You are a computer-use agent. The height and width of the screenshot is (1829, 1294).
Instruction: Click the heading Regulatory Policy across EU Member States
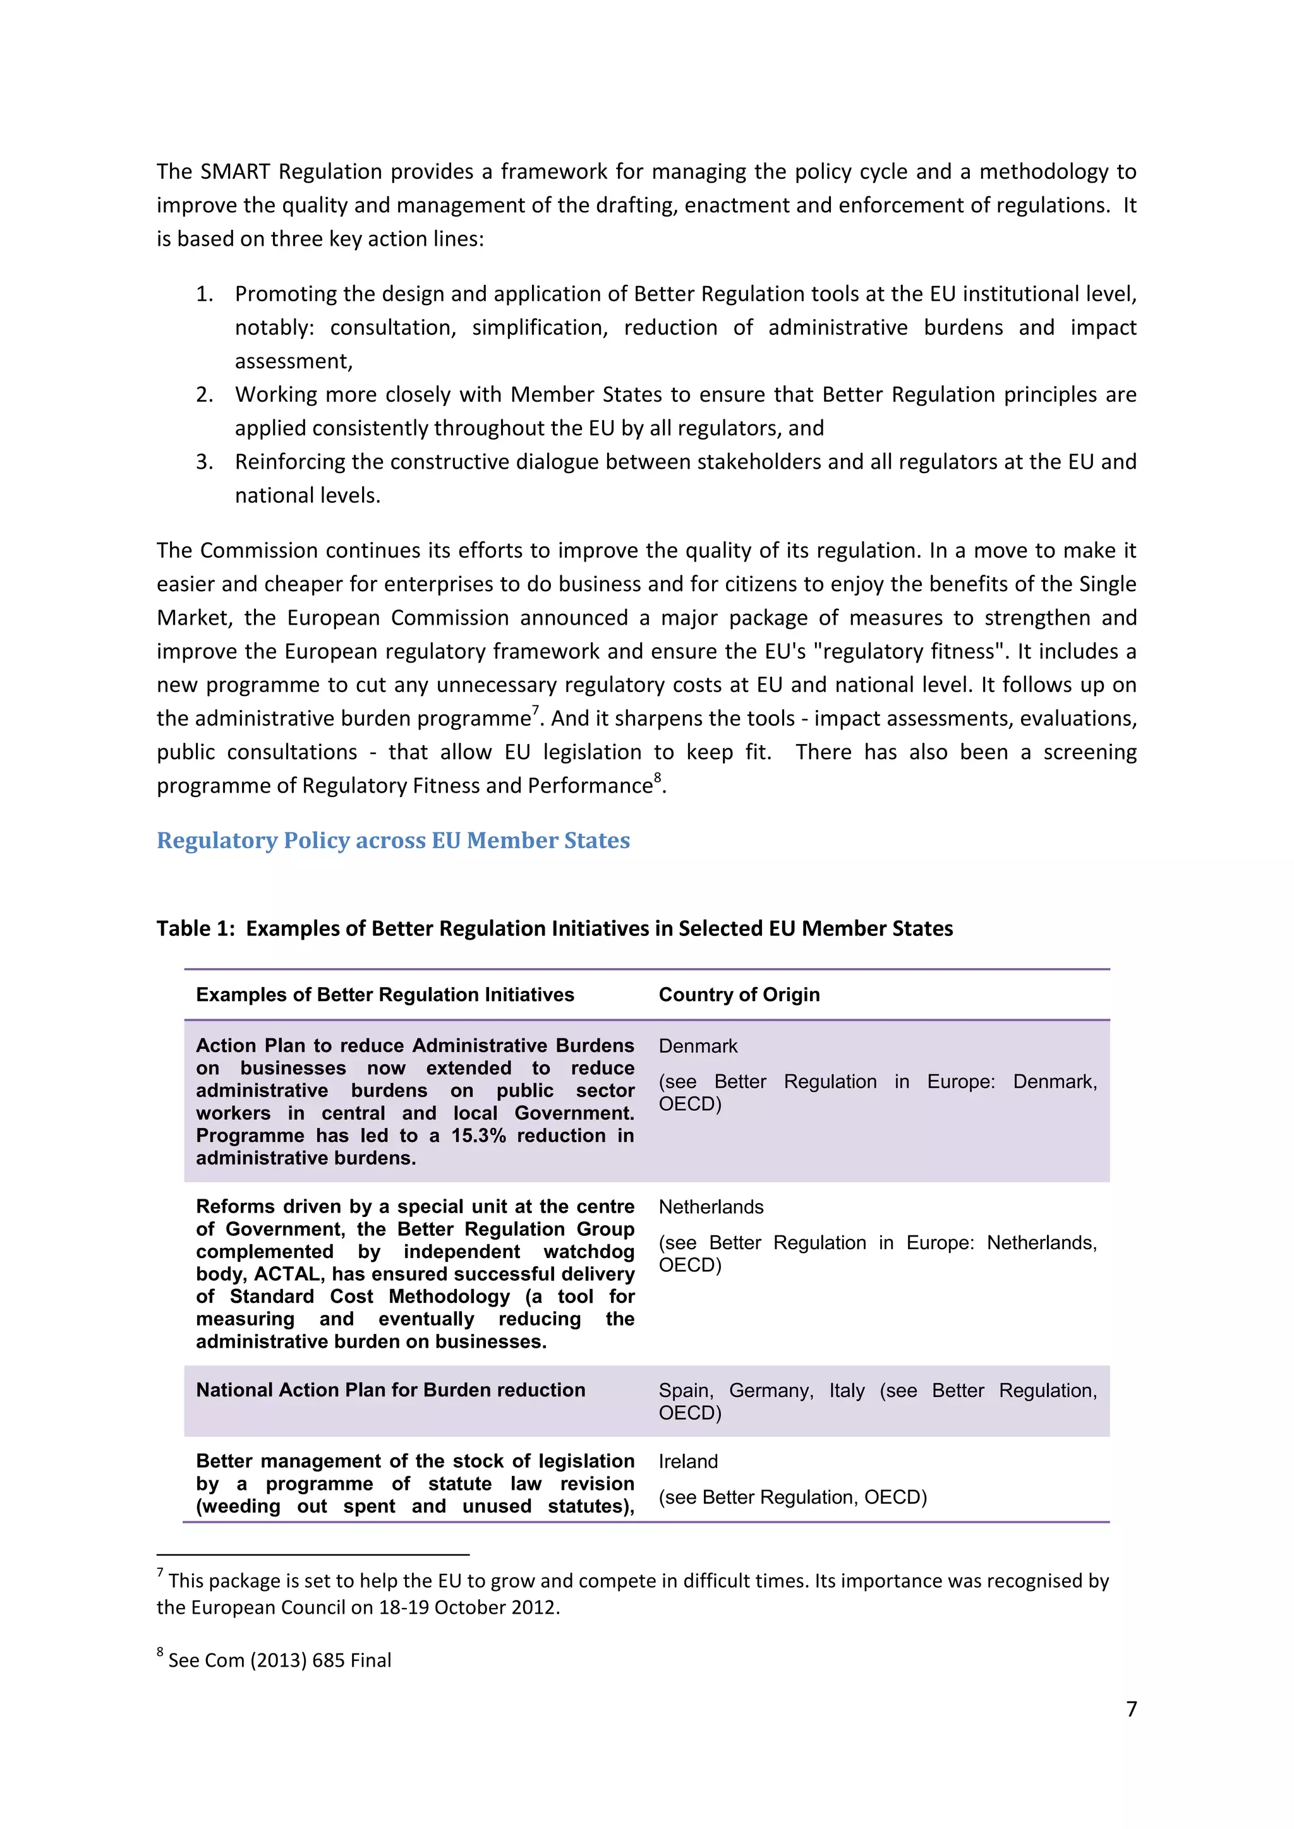click(393, 841)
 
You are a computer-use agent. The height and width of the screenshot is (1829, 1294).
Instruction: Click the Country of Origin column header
click(739, 994)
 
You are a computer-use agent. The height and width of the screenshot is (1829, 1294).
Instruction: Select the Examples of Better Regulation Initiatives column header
click(385, 994)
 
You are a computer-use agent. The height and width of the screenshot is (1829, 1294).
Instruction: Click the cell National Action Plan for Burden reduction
click(390, 1389)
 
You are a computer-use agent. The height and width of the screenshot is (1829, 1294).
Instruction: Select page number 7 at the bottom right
click(1130, 1709)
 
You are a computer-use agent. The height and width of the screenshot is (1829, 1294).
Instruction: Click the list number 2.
click(204, 395)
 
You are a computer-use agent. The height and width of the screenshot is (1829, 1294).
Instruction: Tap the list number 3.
click(204, 462)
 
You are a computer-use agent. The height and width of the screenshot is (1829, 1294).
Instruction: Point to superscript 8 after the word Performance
click(657, 778)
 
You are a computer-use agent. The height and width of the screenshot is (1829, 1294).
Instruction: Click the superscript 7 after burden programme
click(535, 711)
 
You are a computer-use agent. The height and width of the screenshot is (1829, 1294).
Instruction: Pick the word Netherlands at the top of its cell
click(711, 1207)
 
